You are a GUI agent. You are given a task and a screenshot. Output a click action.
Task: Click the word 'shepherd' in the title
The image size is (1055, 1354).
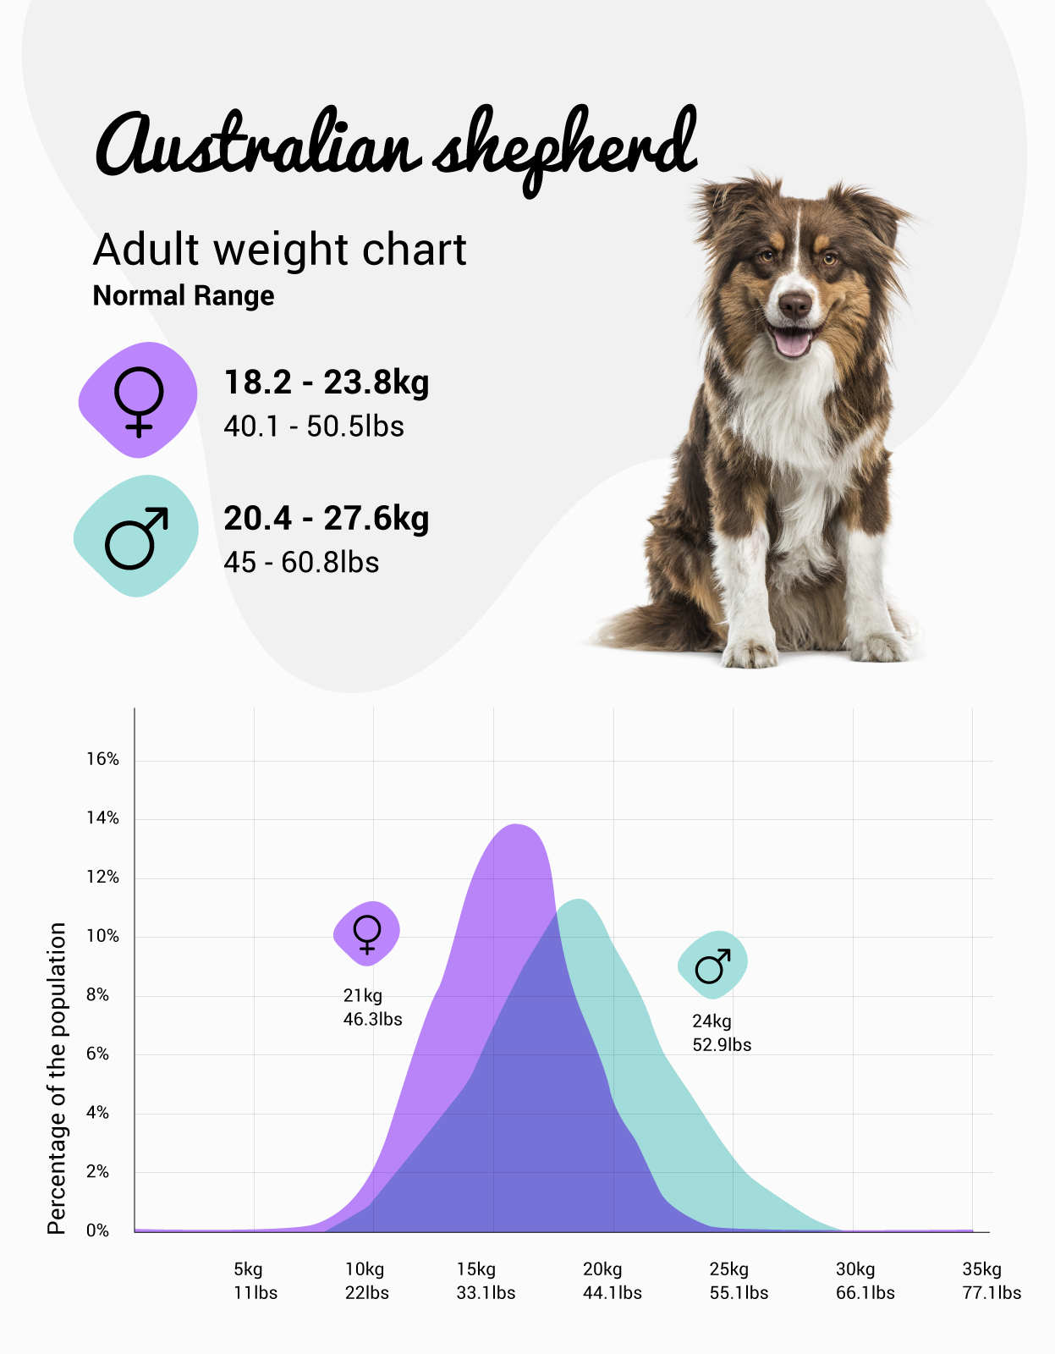tap(565, 148)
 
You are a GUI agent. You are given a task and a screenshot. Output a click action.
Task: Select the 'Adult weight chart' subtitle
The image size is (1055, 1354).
tap(279, 250)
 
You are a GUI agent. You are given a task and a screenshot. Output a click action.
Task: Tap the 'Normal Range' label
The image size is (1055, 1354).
tap(184, 296)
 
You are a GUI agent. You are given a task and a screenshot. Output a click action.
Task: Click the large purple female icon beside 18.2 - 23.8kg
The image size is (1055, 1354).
tap(138, 400)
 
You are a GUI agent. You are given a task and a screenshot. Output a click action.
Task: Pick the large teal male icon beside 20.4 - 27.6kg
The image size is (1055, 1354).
tap(136, 537)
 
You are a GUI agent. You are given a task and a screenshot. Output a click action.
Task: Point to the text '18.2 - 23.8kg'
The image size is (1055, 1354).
tap(326, 383)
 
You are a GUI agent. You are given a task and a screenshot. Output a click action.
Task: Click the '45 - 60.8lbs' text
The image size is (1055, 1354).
tap(301, 562)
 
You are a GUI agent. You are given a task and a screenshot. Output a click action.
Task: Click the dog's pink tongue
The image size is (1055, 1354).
tap(792, 342)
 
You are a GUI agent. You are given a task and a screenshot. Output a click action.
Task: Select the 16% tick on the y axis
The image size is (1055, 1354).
tap(102, 759)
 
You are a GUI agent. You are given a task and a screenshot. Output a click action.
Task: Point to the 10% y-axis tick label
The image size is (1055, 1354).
tap(102, 936)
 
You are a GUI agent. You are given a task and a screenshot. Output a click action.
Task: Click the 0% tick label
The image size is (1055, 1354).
tap(97, 1230)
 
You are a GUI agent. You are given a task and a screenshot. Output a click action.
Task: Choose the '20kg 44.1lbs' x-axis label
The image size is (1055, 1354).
tap(612, 1281)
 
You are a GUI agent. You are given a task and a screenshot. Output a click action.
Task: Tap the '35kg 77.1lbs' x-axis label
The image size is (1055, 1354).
tap(991, 1281)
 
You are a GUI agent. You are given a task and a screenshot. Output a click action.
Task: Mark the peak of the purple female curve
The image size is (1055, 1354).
tap(516, 825)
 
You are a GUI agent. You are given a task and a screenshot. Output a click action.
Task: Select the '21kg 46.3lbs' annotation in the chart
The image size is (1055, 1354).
tap(372, 1007)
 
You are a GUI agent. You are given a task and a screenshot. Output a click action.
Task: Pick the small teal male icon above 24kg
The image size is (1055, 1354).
tap(712, 965)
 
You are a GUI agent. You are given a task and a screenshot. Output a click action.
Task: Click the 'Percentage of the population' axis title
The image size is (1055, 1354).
tap(57, 1078)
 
